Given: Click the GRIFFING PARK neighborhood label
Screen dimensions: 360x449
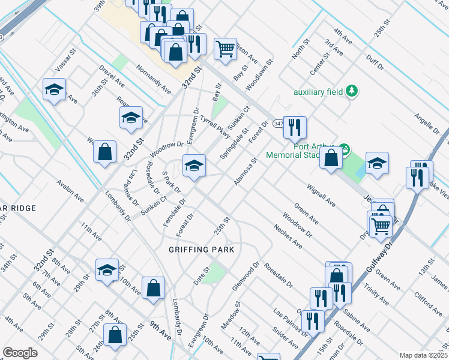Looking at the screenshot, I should pyautogui.click(x=200, y=249).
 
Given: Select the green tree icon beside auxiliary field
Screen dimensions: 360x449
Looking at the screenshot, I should pyautogui.click(x=352, y=91).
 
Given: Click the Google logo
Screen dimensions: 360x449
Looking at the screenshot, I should pyautogui.click(x=20, y=353).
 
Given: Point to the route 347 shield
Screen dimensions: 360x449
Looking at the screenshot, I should pyautogui.click(x=277, y=123).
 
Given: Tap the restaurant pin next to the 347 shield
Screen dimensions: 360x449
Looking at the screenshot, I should pyautogui.click(x=294, y=127).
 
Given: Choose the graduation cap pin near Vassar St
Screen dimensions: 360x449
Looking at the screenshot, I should pyautogui.click(x=54, y=91).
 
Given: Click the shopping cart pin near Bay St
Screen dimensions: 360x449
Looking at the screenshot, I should pyautogui.click(x=225, y=49).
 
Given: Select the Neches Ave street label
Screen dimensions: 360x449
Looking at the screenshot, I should pyautogui.click(x=287, y=236).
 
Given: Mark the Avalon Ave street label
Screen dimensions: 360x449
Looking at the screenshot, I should pyautogui.click(x=70, y=188).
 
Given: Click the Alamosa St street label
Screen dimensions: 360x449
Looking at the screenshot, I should pyautogui.click(x=246, y=172).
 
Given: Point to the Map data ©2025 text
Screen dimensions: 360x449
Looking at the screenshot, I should pyautogui.click(x=423, y=355).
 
